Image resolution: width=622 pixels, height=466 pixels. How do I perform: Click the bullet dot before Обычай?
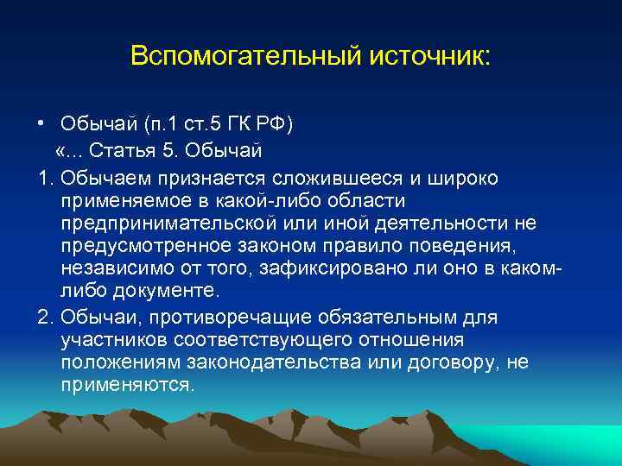point(41,123)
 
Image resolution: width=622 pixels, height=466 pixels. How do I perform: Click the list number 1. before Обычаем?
point(46,177)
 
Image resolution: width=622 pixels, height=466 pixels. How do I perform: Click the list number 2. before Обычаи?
point(46,317)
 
